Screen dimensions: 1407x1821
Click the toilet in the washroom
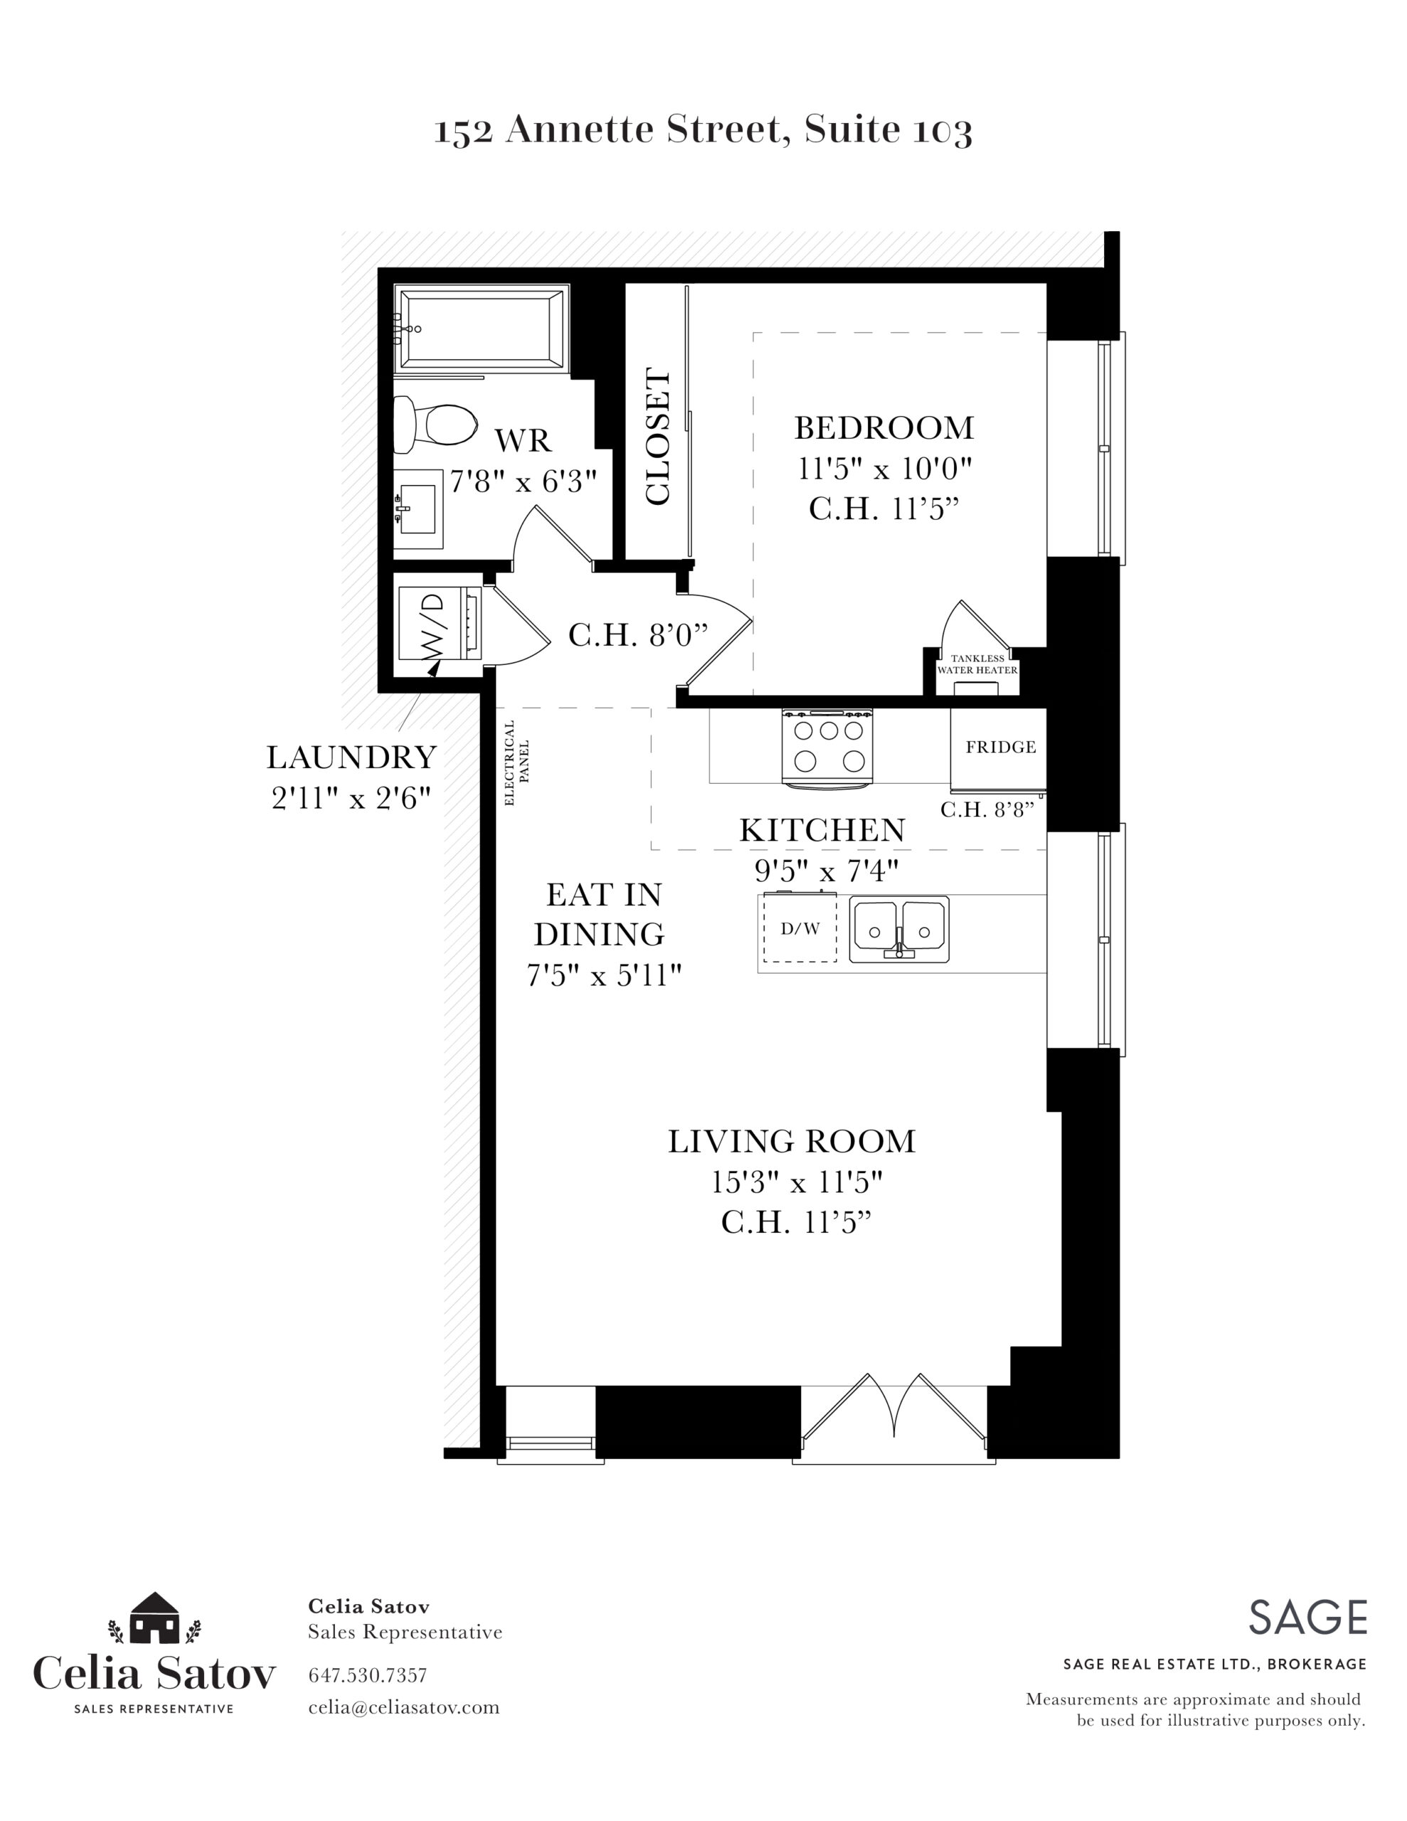click(x=434, y=423)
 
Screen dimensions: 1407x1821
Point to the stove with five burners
click(x=827, y=747)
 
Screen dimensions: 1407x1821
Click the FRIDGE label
click(x=1001, y=747)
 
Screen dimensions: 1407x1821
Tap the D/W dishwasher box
click(x=800, y=928)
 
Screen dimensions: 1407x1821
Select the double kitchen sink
click(x=899, y=929)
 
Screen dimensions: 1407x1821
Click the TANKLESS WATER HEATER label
click(x=977, y=664)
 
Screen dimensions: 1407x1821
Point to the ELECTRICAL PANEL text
click(x=517, y=762)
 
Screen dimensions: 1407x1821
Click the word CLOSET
click(x=658, y=437)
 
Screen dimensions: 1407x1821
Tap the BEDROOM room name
click(x=884, y=428)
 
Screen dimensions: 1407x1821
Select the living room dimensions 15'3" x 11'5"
click(x=797, y=1182)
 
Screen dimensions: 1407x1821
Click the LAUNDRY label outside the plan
click(x=352, y=757)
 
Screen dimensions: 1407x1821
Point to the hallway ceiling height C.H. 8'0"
click(x=638, y=635)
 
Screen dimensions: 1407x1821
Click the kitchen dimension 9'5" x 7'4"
click(x=827, y=871)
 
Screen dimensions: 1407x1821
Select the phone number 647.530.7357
click(x=368, y=1675)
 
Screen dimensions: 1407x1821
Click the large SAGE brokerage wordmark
click(x=1307, y=1618)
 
